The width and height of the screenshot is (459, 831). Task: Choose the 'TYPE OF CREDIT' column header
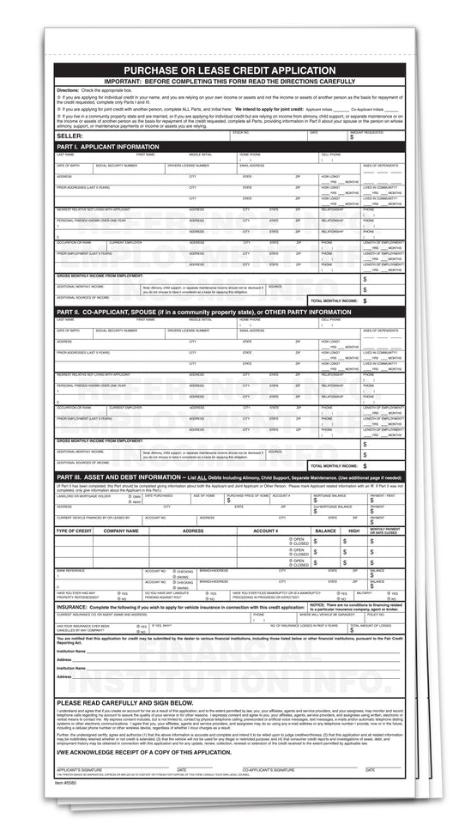(74, 531)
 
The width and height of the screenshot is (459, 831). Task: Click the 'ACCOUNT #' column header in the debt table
(265, 531)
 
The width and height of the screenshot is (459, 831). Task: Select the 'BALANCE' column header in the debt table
(325, 531)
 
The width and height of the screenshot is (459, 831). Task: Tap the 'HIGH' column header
(353, 531)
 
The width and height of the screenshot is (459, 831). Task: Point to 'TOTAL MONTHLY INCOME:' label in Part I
(334, 300)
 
